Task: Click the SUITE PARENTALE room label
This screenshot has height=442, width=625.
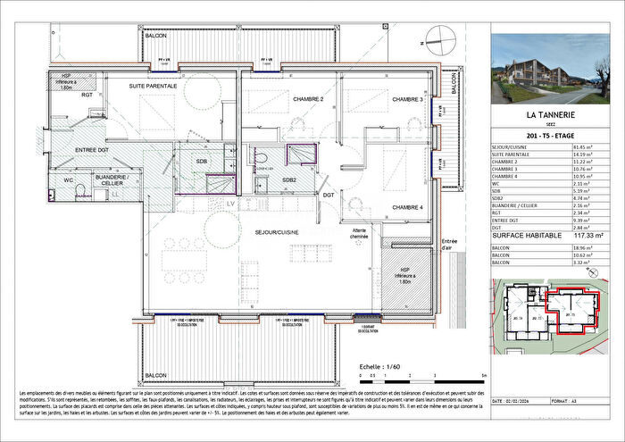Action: (154, 86)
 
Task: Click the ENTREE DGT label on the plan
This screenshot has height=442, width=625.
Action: (92, 149)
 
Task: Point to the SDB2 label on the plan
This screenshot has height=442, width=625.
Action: (289, 179)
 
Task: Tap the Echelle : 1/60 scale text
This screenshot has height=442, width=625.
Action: (379, 366)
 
